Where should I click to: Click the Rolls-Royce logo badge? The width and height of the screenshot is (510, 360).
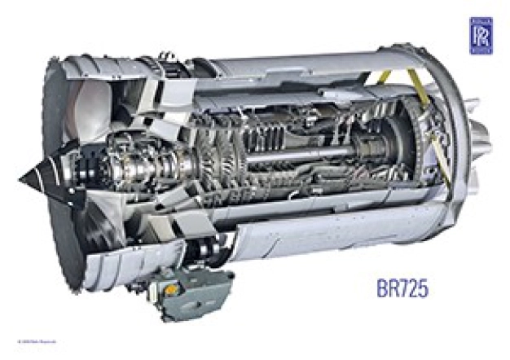coord(481,35)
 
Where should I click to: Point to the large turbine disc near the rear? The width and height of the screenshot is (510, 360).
coord(399,147)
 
